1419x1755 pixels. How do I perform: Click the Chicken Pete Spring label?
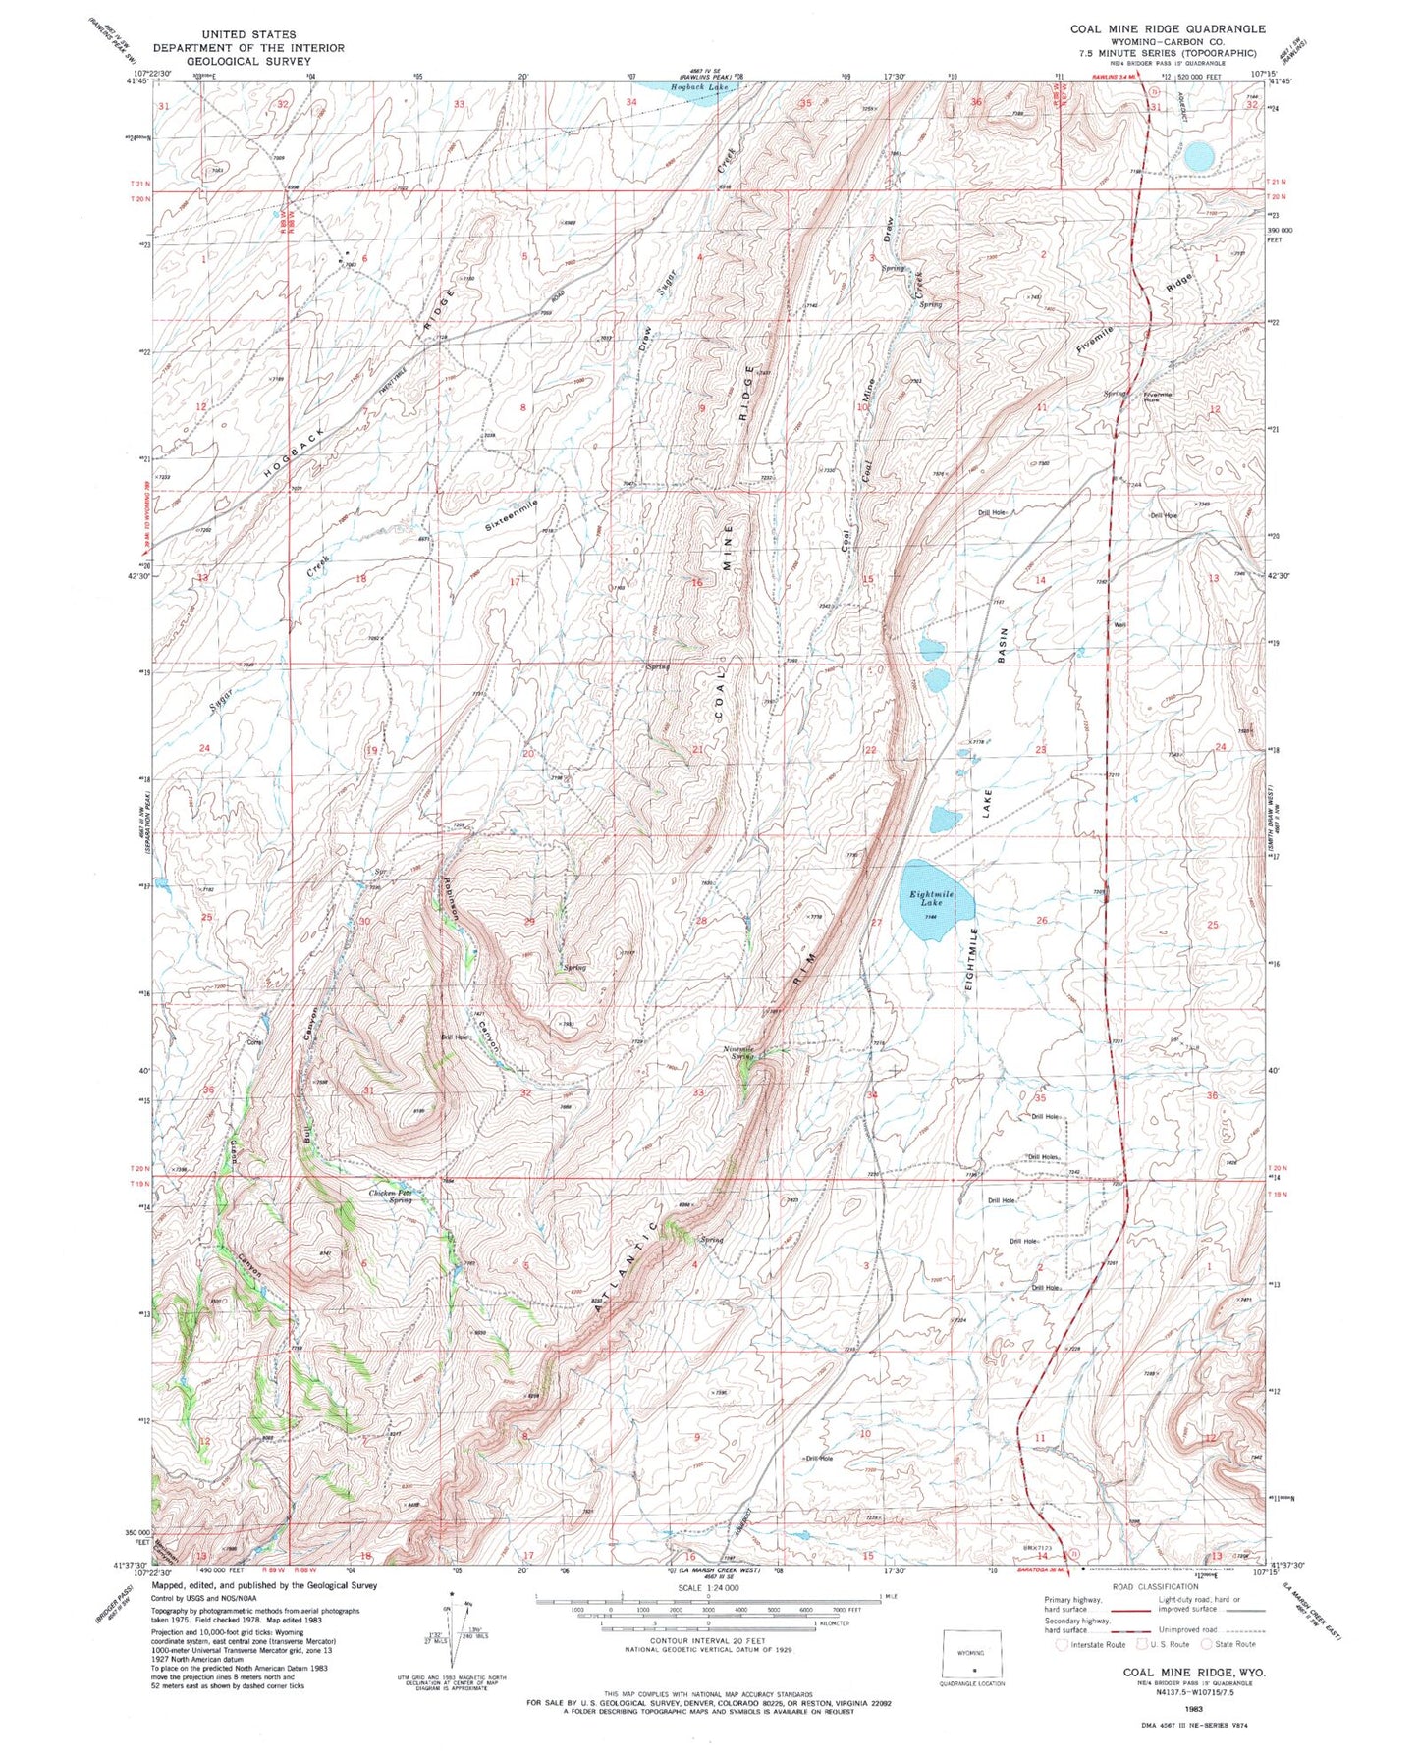pos(391,1197)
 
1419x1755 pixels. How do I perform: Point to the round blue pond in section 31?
pos(1197,155)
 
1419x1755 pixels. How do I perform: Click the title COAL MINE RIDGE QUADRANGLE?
pos(1168,28)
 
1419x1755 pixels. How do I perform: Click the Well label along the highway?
pos(1119,624)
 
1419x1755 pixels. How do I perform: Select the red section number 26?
pos(1042,920)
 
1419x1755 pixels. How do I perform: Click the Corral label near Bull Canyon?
pos(253,1041)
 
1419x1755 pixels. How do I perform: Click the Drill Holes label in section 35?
pos(1043,1157)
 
